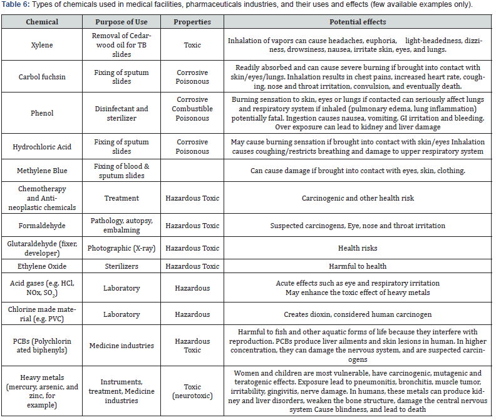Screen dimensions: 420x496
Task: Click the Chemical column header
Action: coord(42,22)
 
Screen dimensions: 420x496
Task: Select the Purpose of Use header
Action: coord(121,22)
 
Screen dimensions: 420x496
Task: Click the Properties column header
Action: coord(192,22)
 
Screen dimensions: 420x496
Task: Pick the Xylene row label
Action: coord(42,46)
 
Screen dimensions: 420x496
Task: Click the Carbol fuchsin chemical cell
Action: coord(42,77)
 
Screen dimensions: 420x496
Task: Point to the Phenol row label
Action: coord(42,113)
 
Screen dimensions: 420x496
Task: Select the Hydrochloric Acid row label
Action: coord(42,147)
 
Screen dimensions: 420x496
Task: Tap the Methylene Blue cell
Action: coord(42,171)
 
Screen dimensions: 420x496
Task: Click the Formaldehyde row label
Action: coord(42,226)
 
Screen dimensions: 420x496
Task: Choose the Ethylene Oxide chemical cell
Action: coord(42,266)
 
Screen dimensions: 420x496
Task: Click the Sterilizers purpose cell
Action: coord(121,266)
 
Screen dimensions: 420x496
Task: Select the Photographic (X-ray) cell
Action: coord(121,248)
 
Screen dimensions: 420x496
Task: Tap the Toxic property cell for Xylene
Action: coord(192,46)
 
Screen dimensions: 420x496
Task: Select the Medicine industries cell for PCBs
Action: coord(121,346)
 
